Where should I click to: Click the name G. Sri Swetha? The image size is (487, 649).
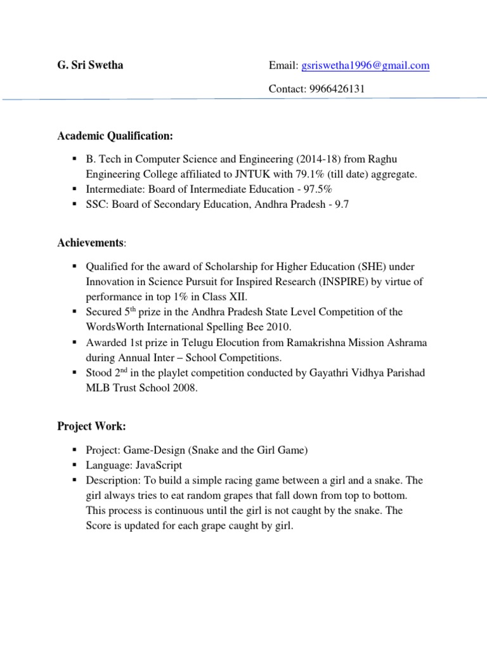pyautogui.click(x=90, y=65)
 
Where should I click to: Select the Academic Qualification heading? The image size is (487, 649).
pyautogui.click(x=115, y=136)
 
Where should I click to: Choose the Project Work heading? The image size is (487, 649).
pyautogui.click(x=89, y=427)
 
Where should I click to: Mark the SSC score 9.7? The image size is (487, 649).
pyautogui.click(x=342, y=205)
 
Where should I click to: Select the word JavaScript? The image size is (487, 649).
pyautogui.click(x=157, y=465)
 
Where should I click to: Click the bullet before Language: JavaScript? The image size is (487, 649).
pyautogui.click(x=74, y=465)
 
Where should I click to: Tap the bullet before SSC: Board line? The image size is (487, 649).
pyautogui.click(x=74, y=205)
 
